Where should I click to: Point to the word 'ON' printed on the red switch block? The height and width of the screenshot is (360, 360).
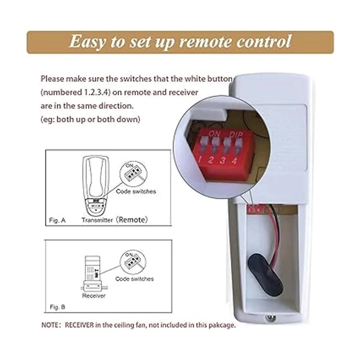(214, 133)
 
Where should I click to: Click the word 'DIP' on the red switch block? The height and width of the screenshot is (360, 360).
(236, 134)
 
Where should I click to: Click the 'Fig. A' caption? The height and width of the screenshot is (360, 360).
(57, 220)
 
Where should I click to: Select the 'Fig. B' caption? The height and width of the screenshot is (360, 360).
(57, 307)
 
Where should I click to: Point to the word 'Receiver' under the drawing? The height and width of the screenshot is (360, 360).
(94, 296)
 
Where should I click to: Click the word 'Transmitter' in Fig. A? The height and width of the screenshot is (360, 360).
(97, 220)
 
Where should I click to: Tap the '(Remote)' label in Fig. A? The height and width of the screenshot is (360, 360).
(132, 220)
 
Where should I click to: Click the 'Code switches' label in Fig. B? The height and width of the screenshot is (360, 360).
(134, 279)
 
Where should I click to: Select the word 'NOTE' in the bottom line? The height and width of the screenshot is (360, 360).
(50, 325)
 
